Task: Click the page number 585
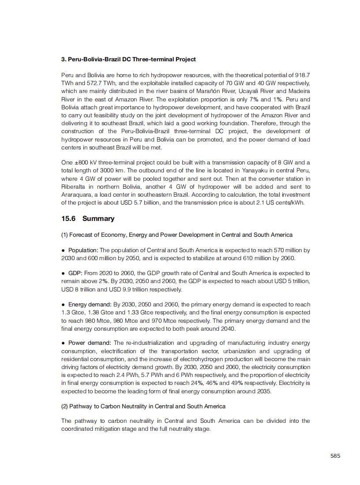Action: click(x=335, y=456)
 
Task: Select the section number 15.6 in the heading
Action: click(x=68, y=219)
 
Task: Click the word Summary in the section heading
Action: click(x=98, y=219)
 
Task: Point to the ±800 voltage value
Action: click(x=84, y=163)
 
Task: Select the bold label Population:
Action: click(x=83, y=250)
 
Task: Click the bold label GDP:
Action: click(x=75, y=273)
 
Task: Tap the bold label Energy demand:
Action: click(x=90, y=305)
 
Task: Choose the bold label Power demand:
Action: click(x=90, y=343)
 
